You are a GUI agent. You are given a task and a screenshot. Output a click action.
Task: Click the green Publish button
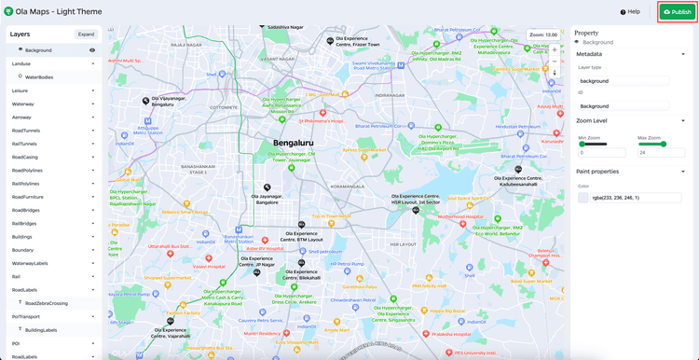678,12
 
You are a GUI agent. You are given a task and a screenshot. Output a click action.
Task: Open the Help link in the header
630,12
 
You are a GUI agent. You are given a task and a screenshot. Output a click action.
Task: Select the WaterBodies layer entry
39,76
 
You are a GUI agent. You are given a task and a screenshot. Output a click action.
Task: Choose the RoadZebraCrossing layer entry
46,303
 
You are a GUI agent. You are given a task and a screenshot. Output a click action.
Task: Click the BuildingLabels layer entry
41,330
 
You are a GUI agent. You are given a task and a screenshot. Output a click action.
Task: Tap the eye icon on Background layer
92,50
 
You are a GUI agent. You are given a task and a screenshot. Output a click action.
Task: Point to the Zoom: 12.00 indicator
543,35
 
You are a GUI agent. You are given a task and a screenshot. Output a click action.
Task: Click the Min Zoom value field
601,153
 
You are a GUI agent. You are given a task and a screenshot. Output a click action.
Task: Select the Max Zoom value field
660,153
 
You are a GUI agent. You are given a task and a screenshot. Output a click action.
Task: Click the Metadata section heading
589,54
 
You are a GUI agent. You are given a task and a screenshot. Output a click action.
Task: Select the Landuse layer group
21,63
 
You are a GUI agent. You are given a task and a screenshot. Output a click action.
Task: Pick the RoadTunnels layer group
25,131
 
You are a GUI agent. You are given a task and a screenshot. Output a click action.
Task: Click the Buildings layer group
23,237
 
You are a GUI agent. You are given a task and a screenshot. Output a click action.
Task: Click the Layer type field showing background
623,81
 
